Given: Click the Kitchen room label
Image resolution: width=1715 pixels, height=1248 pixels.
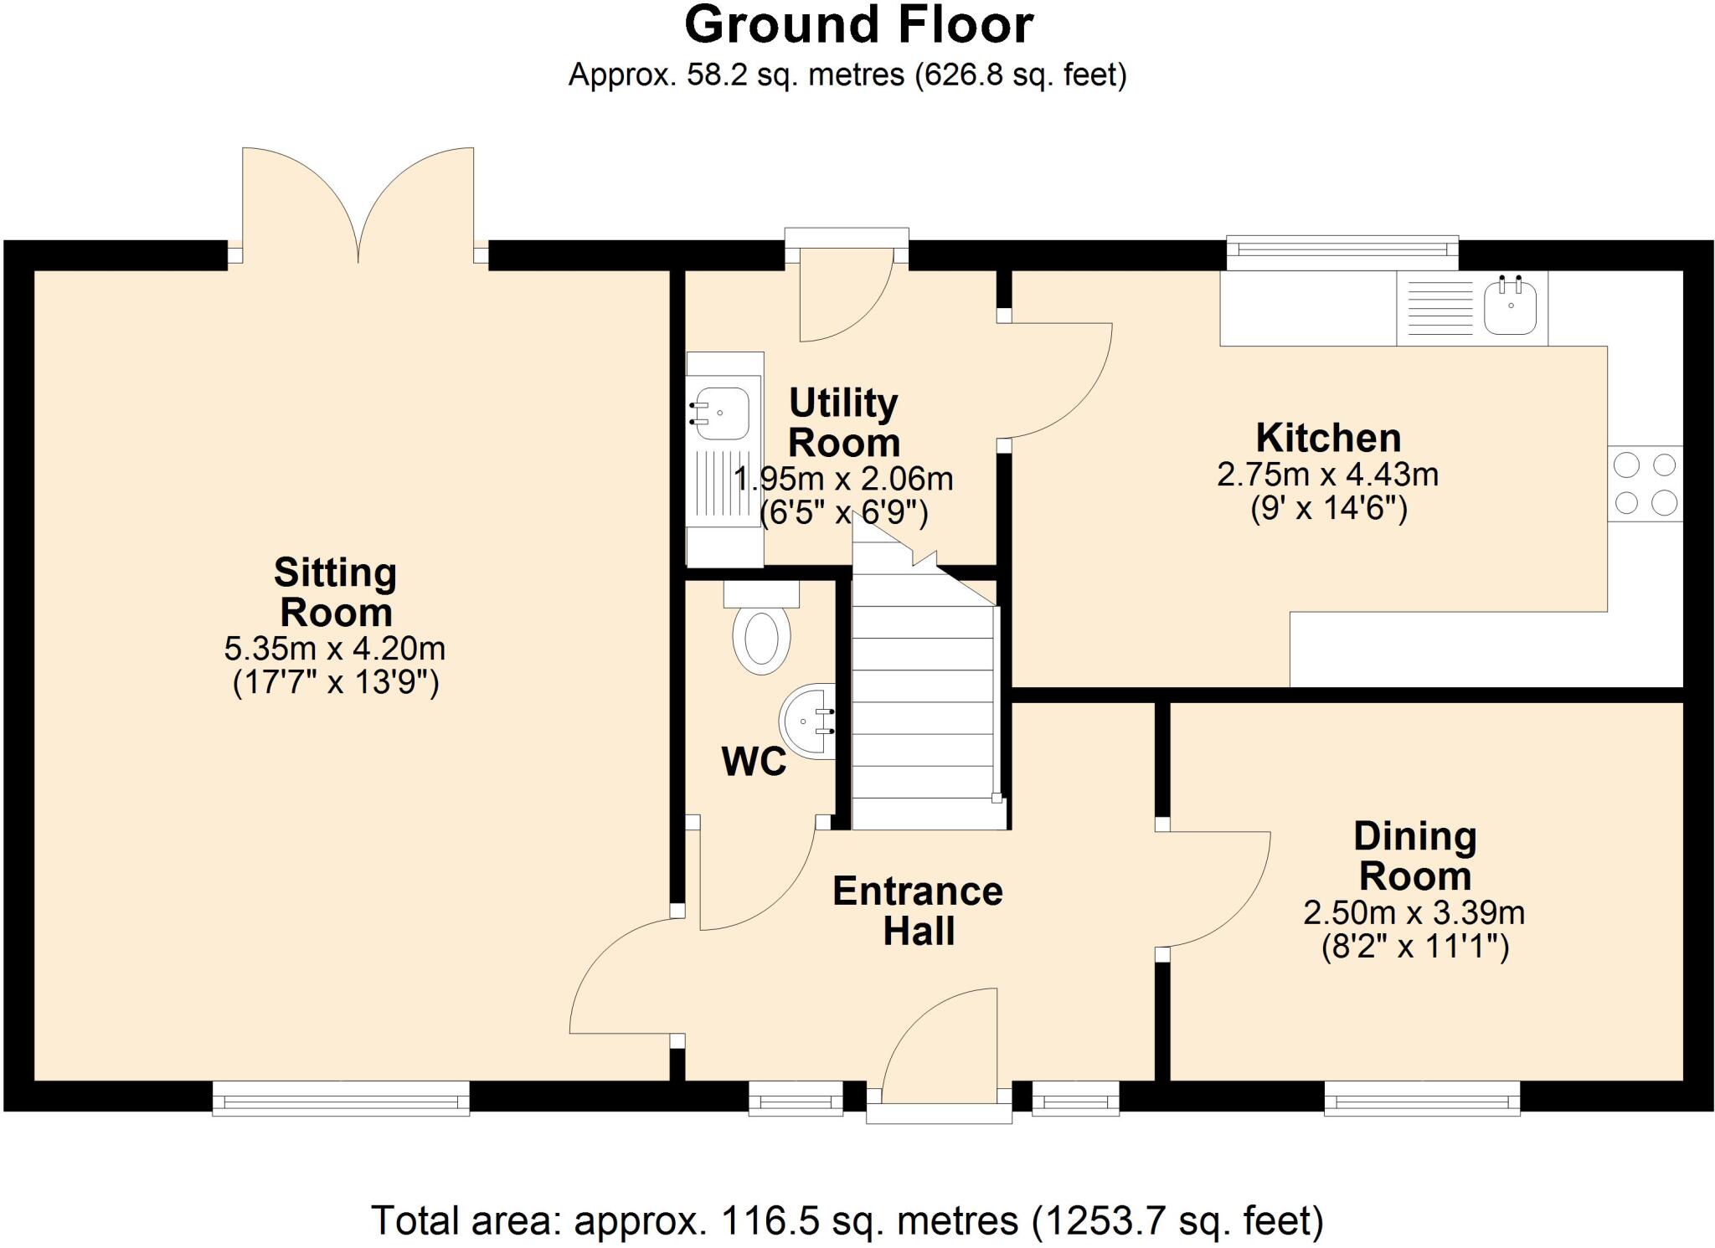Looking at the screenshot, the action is pos(1328,438).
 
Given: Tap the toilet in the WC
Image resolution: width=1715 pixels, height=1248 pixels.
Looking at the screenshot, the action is pos(761,628).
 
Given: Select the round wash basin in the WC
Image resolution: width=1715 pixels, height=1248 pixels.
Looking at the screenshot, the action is pos(808,722).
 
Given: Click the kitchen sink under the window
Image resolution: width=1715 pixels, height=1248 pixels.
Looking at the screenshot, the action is pos(1511,306).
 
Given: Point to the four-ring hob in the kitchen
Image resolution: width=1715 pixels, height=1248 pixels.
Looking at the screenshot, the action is pos(1645,483).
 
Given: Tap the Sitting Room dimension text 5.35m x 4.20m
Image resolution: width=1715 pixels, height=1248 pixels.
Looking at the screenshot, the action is pos(335,648).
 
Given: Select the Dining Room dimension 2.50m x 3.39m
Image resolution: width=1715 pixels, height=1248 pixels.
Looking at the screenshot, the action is pos(1414,912).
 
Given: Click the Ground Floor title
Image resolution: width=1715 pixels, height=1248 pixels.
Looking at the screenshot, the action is pos(859,25).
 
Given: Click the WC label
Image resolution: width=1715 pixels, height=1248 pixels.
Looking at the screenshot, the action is pos(754,762).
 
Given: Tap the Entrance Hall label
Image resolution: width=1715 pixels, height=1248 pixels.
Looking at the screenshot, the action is pos(918,912).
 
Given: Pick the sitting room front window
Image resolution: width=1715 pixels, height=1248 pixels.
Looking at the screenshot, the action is pos(341,1098).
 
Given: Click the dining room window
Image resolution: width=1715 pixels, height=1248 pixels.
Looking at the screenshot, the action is pos(1422,1098).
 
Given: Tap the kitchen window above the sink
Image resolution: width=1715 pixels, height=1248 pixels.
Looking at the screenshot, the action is pos(1342,253).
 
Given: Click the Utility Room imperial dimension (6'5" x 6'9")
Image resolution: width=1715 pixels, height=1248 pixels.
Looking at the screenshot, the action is pos(843,512).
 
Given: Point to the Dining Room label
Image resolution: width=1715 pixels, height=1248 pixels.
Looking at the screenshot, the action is pos(1415,855).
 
